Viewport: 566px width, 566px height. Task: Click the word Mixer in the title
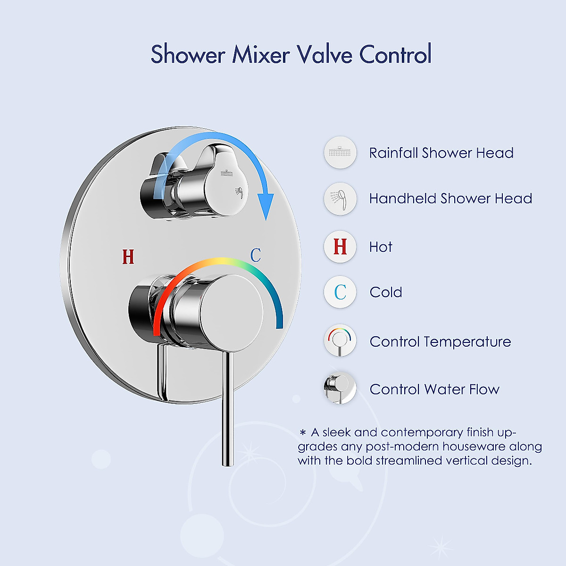click(x=260, y=54)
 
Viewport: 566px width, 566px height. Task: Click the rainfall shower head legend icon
click(x=340, y=152)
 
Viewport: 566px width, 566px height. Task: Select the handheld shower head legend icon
click(x=340, y=199)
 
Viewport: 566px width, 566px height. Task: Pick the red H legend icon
click(x=340, y=247)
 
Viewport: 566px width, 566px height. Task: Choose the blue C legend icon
click(x=340, y=292)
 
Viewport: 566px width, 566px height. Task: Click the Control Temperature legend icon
click(x=340, y=341)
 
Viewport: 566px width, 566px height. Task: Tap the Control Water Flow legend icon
click(x=340, y=389)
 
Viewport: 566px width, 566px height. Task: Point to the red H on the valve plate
click(x=128, y=257)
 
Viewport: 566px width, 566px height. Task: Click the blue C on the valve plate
click(x=256, y=255)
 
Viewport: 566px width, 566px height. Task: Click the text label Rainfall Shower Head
click(x=441, y=153)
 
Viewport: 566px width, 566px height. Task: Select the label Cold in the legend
click(x=386, y=292)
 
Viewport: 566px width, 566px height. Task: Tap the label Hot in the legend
click(x=381, y=247)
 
